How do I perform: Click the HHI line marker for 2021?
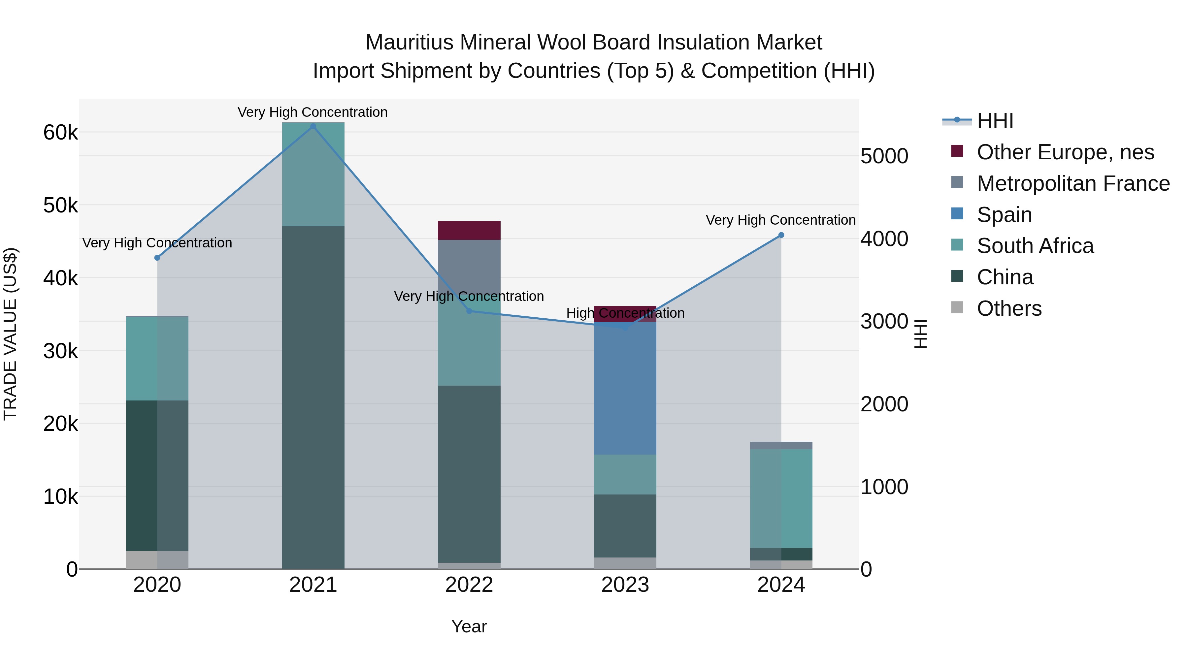(x=313, y=126)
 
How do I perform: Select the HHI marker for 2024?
(x=781, y=235)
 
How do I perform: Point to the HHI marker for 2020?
(x=157, y=258)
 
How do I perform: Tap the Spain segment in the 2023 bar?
(x=625, y=388)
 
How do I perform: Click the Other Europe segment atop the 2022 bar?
(x=469, y=231)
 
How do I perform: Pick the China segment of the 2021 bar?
(x=313, y=397)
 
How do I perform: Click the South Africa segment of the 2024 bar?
(x=781, y=498)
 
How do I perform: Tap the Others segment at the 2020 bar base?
(x=157, y=560)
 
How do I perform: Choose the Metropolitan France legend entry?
(x=1073, y=183)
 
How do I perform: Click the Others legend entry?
(x=1009, y=308)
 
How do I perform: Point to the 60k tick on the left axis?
(x=60, y=133)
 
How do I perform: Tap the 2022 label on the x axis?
(x=469, y=585)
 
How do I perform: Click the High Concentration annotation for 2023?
(x=625, y=313)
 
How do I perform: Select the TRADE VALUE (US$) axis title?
(x=10, y=334)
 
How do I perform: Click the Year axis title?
(x=469, y=626)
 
